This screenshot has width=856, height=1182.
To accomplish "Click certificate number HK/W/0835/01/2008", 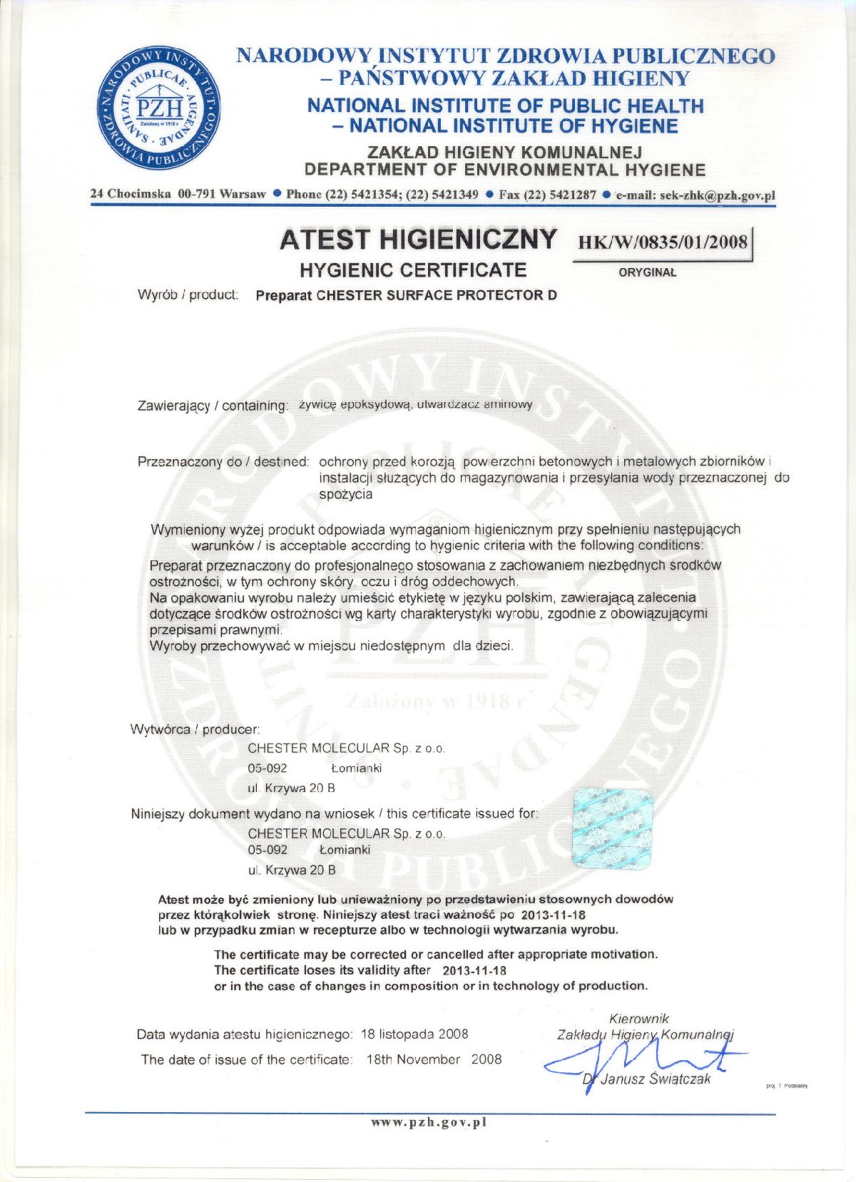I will click(662, 242).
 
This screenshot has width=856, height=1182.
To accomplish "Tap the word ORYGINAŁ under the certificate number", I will click(647, 272).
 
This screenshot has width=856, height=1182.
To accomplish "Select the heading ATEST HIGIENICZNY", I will click(418, 240).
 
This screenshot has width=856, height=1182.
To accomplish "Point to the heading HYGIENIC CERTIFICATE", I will click(413, 270).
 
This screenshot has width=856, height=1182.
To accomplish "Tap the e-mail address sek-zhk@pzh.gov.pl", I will click(695, 195).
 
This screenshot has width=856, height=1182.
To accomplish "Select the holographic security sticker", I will click(613, 828).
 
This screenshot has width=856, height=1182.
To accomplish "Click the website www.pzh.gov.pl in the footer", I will click(428, 1122).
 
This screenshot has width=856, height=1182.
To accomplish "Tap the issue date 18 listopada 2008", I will click(414, 1034).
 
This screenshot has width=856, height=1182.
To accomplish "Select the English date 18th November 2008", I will click(434, 1059).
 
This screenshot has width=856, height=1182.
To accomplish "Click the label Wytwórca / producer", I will click(195, 729).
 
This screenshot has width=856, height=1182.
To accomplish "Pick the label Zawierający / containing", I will click(213, 406).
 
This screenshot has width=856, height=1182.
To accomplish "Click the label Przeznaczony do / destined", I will click(223, 462).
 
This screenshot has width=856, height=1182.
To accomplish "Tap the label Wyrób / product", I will click(188, 294).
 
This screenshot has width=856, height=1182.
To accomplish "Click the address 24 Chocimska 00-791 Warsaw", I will click(178, 194).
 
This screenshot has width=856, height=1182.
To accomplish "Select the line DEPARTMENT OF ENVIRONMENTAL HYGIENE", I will click(504, 170).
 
